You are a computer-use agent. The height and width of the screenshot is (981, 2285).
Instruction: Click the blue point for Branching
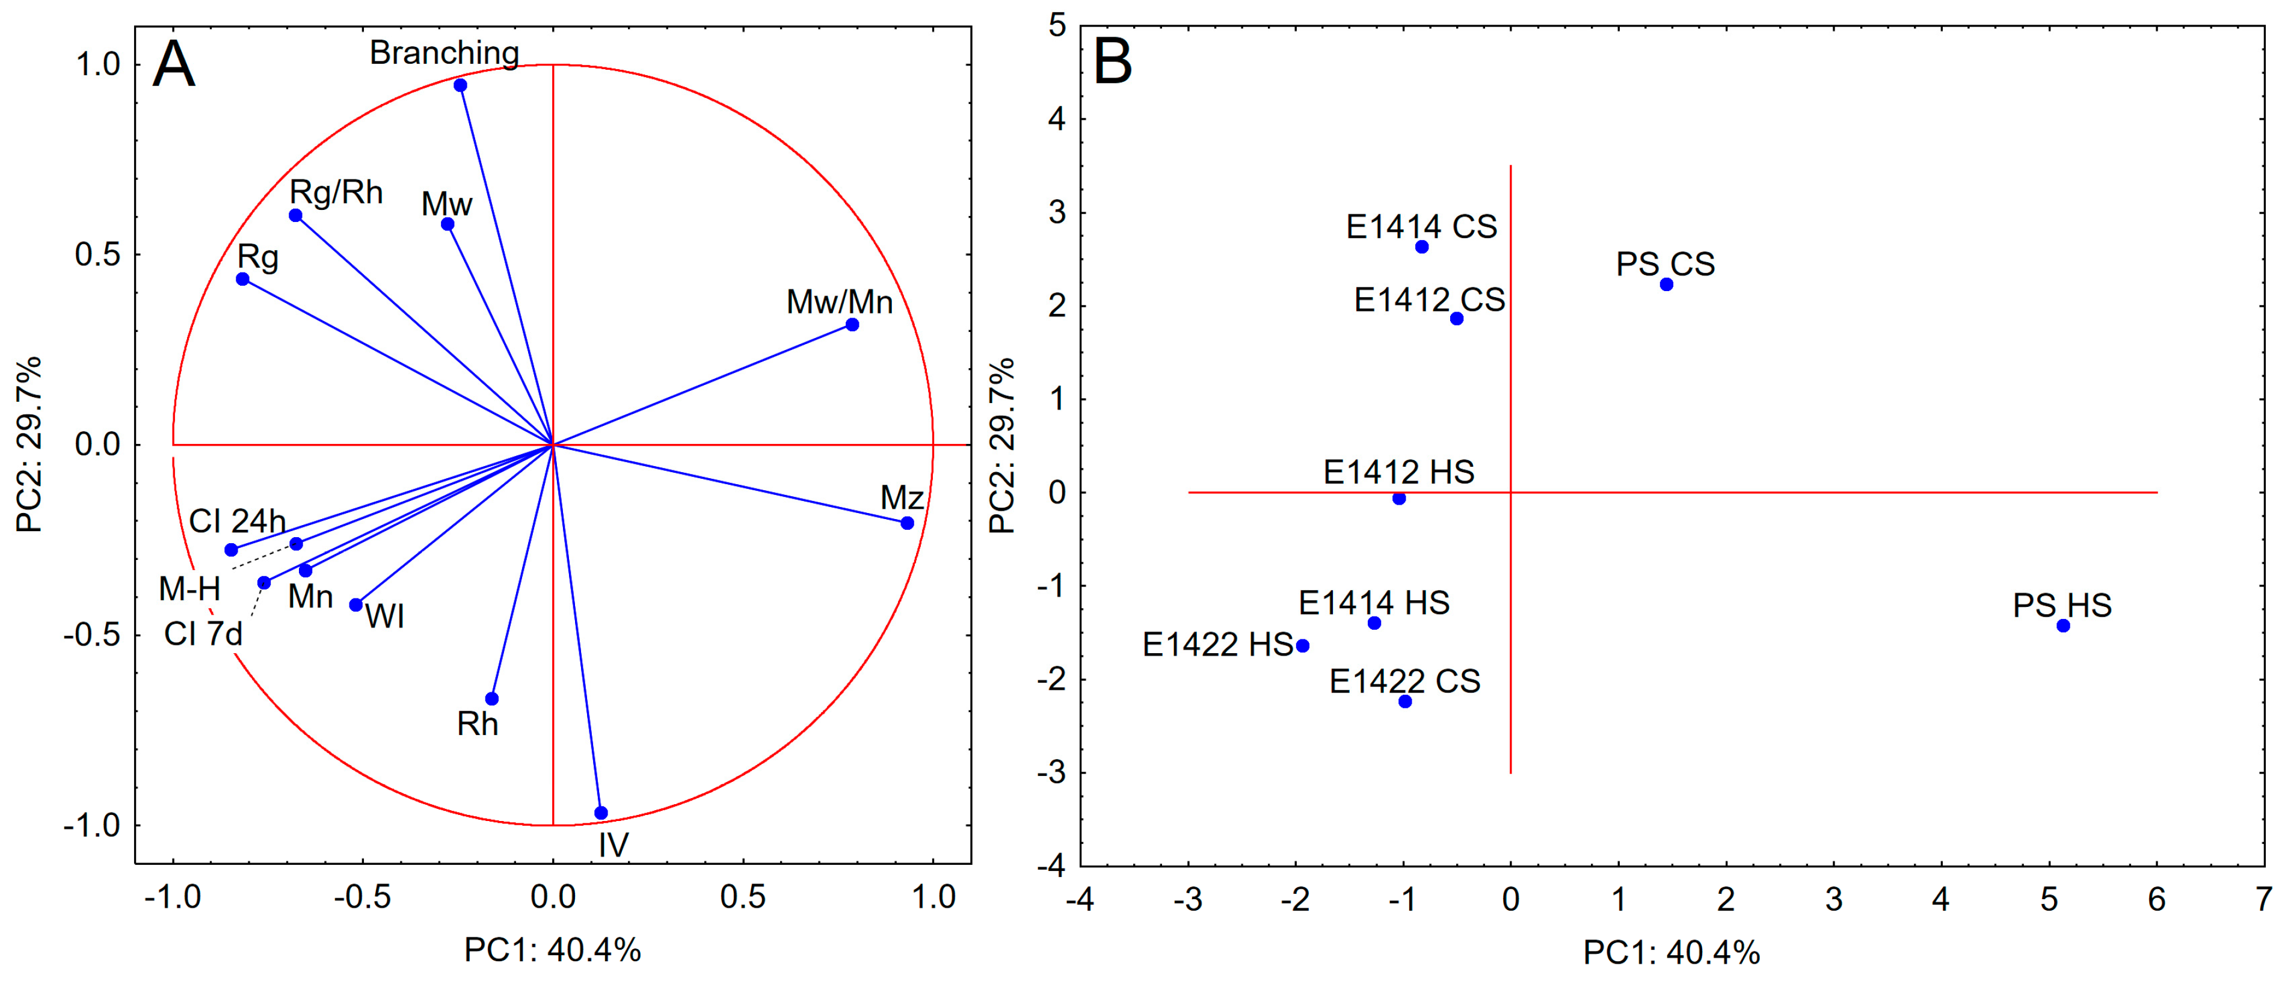point(460,85)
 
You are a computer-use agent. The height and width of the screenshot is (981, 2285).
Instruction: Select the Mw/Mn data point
point(852,325)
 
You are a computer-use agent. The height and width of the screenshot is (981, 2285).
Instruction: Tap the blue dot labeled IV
point(600,813)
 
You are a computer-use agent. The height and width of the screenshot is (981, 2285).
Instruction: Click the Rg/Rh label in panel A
point(336,192)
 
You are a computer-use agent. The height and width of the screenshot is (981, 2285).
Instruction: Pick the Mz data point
point(906,523)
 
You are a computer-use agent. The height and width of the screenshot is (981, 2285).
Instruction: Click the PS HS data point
point(2062,626)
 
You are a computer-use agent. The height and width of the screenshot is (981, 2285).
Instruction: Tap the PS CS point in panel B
point(1666,284)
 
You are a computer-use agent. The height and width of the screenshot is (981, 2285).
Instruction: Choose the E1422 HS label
point(1217,645)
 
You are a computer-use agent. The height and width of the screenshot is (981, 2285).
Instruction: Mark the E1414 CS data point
point(1421,247)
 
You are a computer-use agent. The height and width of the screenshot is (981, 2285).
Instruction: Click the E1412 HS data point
point(1399,499)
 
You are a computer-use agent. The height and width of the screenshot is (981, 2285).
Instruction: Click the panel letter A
point(173,65)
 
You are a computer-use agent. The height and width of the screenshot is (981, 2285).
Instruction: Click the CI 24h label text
point(237,521)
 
